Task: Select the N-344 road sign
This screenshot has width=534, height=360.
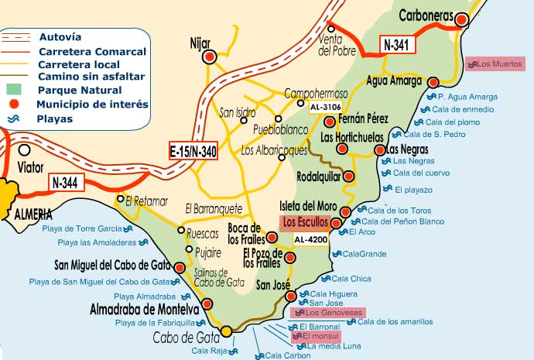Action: click(x=66, y=183)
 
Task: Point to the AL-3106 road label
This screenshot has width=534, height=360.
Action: click(x=325, y=106)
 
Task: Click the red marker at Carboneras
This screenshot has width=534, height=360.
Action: click(x=462, y=20)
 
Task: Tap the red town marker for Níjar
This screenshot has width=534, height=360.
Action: click(x=209, y=57)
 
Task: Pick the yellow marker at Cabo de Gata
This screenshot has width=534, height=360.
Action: click(x=226, y=331)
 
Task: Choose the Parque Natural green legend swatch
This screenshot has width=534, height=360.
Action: click(x=13, y=90)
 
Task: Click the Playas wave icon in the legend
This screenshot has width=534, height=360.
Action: click(x=13, y=118)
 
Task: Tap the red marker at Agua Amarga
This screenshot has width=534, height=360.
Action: click(x=433, y=81)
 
